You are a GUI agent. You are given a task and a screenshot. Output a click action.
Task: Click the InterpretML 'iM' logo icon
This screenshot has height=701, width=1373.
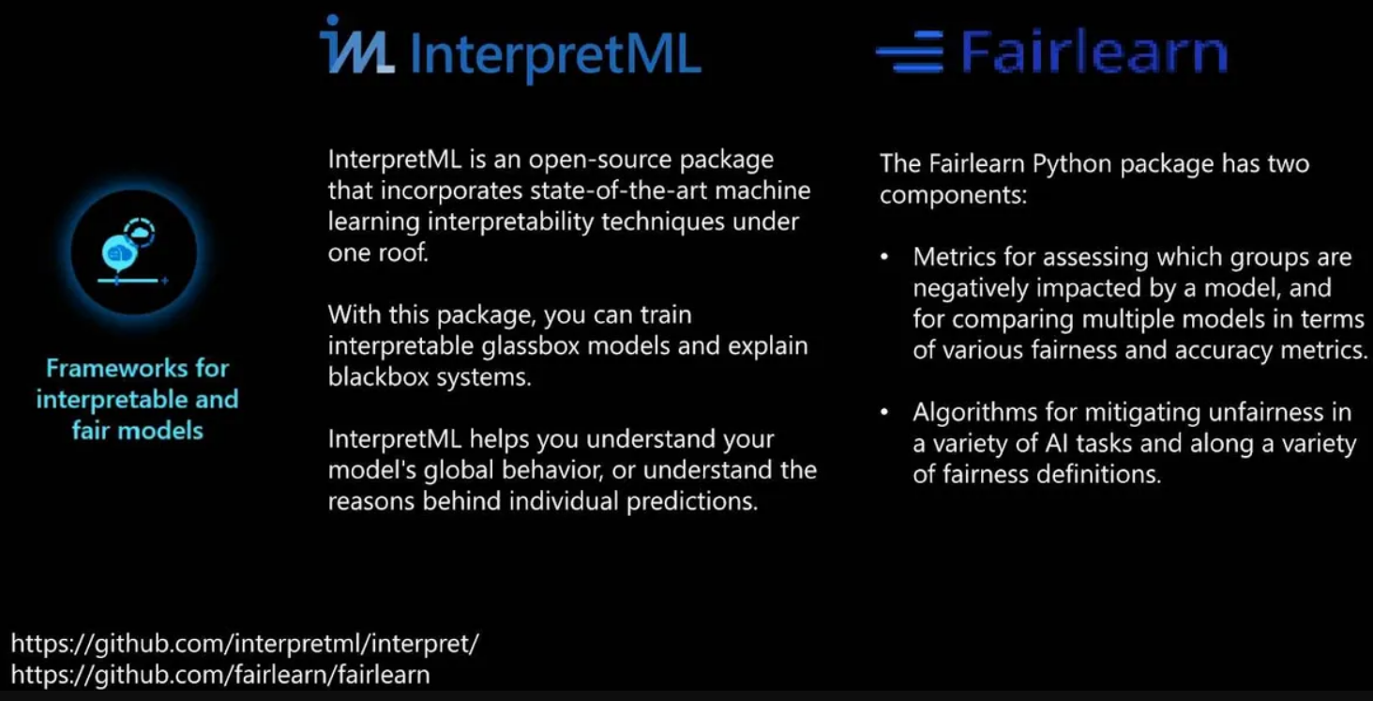tap(356, 45)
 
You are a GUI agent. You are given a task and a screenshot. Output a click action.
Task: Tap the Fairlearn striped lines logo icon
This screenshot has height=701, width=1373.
tap(911, 52)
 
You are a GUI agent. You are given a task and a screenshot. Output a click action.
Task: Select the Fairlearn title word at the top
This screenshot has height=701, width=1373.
tap(1094, 52)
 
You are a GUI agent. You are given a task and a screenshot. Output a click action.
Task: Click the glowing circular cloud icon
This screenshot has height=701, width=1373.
tap(133, 251)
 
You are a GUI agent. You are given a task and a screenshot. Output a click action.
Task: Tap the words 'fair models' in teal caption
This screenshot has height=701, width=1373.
tap(137, 431)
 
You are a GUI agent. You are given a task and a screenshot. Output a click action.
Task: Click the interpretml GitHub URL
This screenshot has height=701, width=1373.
tap(245, 644)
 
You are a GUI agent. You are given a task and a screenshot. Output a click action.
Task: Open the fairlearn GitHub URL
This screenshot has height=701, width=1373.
tap(220, 675)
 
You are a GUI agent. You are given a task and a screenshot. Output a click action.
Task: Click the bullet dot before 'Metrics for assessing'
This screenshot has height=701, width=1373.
tap(883, 257)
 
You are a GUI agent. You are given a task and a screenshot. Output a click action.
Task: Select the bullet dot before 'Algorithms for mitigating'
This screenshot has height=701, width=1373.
tap(883, 412)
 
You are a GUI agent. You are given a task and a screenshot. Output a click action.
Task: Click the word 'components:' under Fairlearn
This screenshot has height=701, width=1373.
tap(953, 195)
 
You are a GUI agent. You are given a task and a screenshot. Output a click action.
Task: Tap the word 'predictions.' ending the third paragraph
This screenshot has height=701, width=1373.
tap(692, 502)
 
